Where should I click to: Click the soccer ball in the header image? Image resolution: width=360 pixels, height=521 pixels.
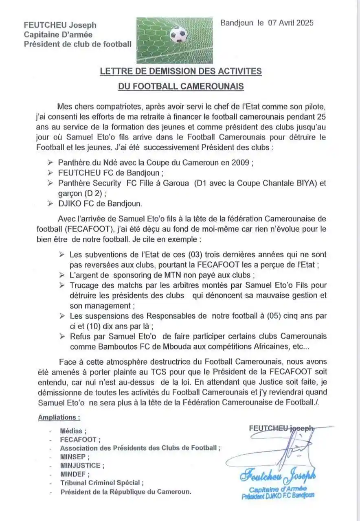pos(179,35)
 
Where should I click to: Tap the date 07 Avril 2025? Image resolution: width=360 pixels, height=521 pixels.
pos(291,23)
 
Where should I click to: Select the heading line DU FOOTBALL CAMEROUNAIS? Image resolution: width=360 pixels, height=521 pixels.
pos(181,86)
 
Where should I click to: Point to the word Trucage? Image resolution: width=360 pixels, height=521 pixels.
pos(84,285)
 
